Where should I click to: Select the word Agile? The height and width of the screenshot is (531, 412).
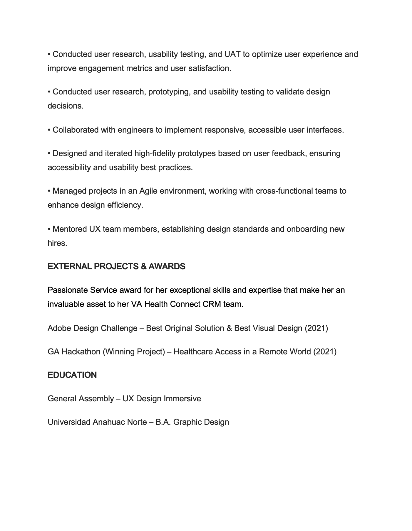[x=149, y=191]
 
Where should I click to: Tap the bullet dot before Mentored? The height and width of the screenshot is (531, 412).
[x=49, y=229]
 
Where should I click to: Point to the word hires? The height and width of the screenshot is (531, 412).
[x=57, y=243]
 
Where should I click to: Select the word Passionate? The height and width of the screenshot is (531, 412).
[x=68, y=290]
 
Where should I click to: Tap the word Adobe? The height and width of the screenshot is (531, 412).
[x=59, y=328]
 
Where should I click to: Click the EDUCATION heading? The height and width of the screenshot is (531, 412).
[x=72, y=375]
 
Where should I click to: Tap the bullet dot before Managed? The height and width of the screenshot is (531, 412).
[x=49, y=191]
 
